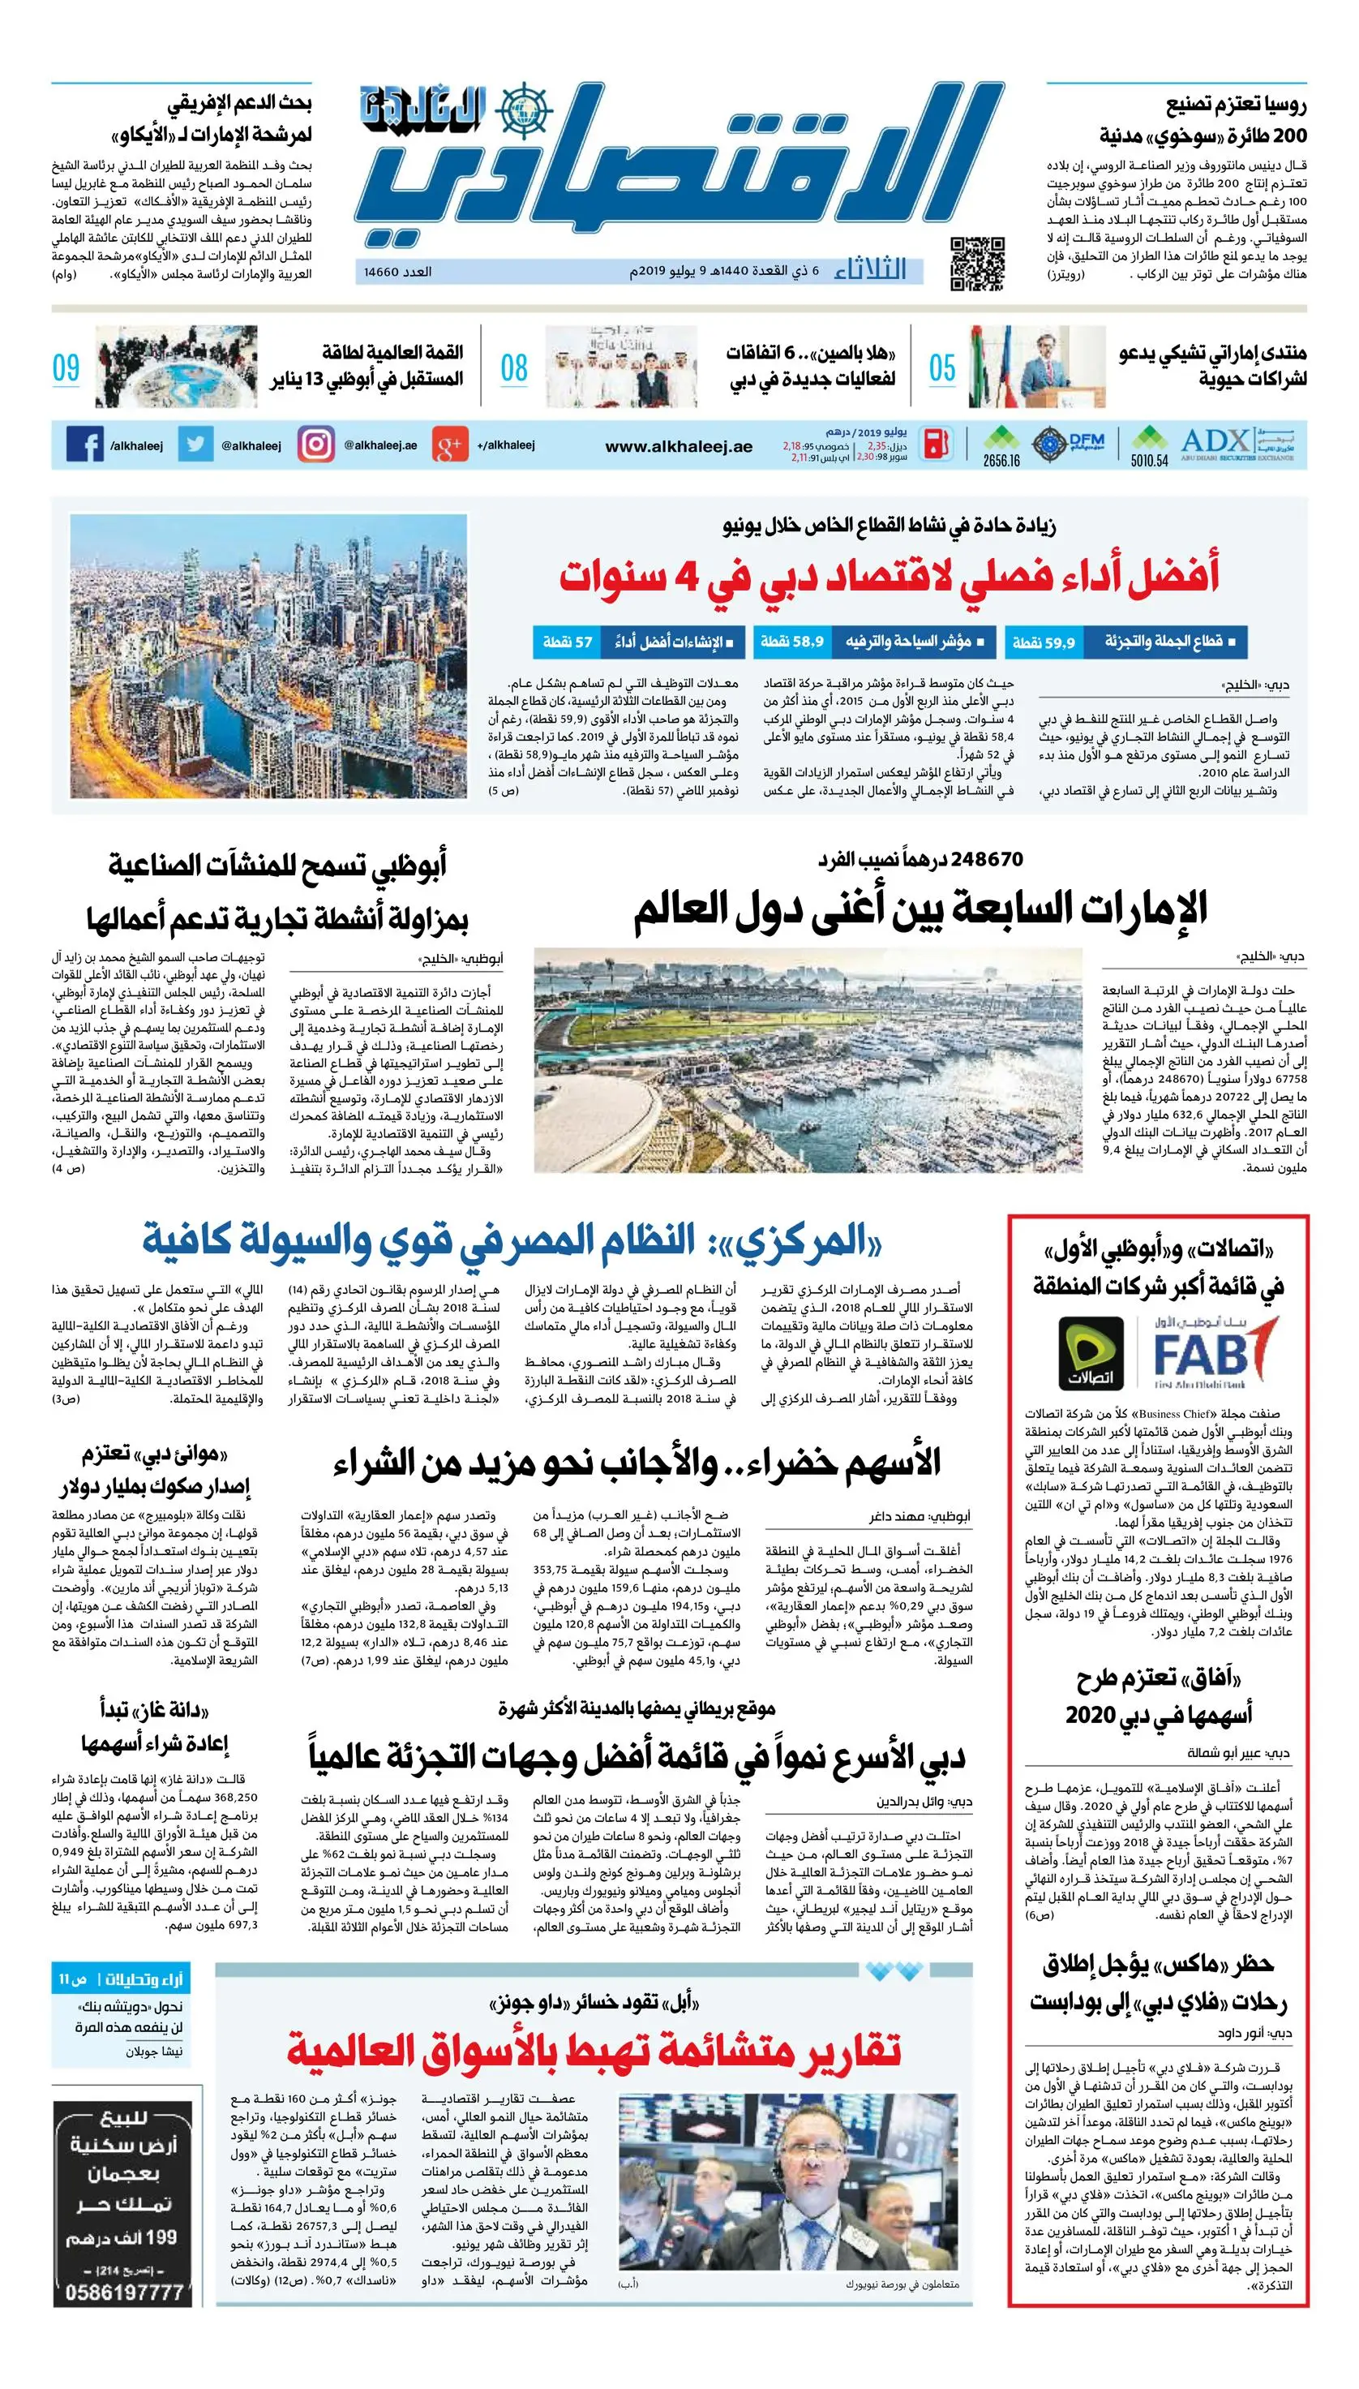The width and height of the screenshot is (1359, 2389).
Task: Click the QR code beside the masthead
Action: (977, 264)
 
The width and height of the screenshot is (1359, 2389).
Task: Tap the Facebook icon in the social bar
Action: (85, 445)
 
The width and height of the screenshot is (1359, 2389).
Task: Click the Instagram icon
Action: (316, 445)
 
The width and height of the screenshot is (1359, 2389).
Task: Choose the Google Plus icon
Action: (450, 445)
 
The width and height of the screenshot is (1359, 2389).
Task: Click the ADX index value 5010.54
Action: (1149, 460)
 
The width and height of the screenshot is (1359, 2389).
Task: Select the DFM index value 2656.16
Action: (1001, 460)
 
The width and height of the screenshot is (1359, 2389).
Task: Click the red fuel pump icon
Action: (937, 445)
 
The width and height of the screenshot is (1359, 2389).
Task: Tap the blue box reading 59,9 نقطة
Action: (1044, 642)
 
